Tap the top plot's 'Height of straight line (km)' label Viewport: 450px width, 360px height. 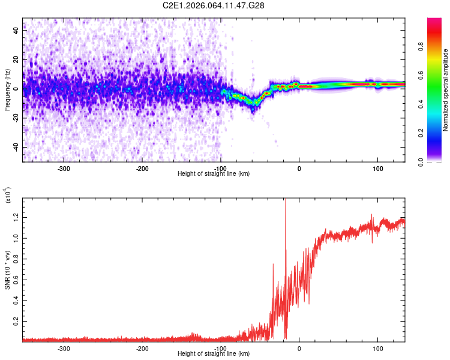[x=214, y=173]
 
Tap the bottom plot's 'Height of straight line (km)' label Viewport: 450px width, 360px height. [x=214, y=353]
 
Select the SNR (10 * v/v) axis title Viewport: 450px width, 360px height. [x=7, y=268]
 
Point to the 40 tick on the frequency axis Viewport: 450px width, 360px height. [x=16, y=31]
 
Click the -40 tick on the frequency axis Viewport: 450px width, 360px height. [x=15, y=147]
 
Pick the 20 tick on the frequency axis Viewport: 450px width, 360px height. [x=16, y=60]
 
